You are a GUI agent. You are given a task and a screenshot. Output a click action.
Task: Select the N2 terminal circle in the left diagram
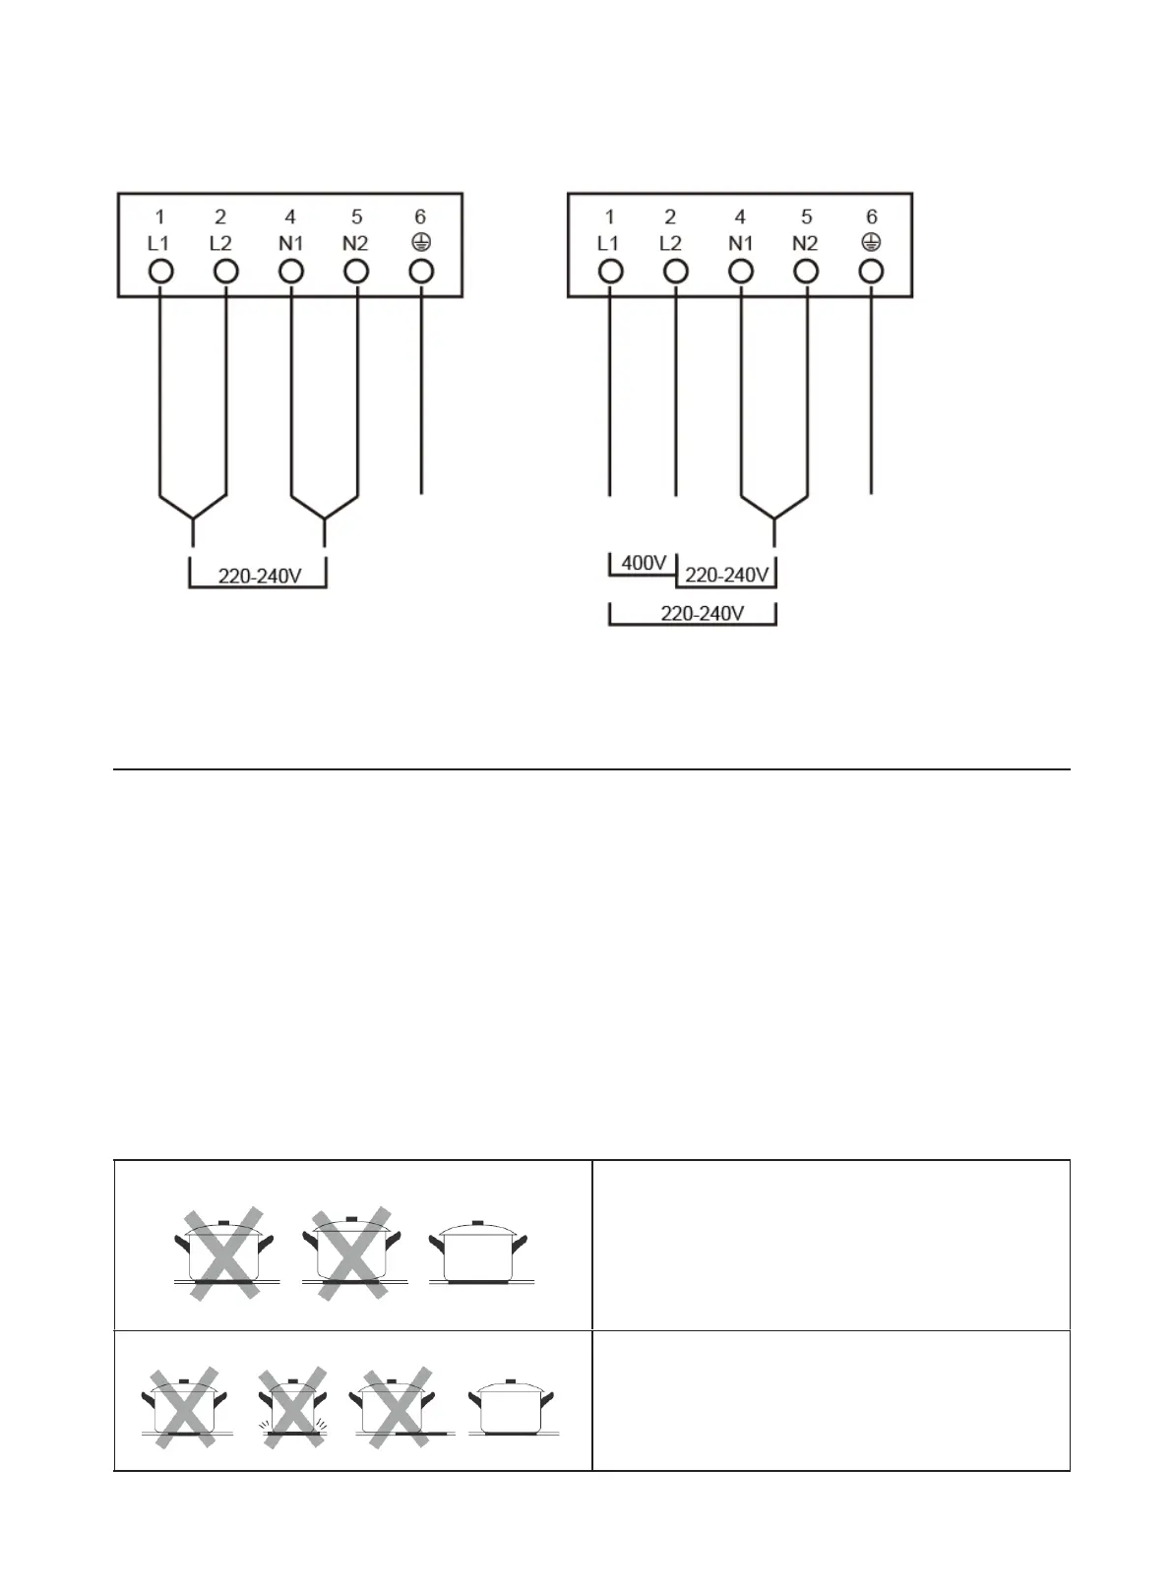(356, 272)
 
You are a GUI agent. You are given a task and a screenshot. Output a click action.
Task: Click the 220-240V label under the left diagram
(259, 576)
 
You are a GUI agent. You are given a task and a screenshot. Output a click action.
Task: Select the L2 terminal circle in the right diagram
(675, 272)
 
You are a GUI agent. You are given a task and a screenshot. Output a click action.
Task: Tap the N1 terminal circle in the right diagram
(740, 272)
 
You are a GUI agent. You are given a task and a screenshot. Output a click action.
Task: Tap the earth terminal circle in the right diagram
(871, 272)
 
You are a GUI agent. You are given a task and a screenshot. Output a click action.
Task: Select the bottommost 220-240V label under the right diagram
(703, 614)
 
